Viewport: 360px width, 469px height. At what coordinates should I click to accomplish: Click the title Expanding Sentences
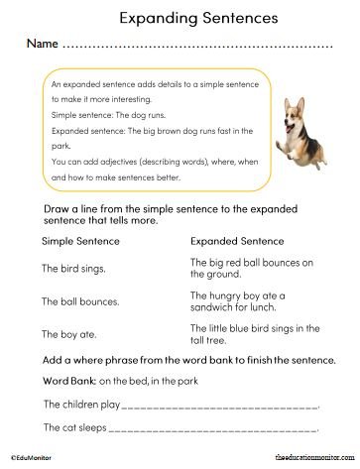(x=180, y=17)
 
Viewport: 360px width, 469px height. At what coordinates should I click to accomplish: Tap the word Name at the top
(x=42, y=46)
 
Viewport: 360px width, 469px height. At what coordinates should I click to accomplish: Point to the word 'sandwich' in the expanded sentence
(x=213, y=306)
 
